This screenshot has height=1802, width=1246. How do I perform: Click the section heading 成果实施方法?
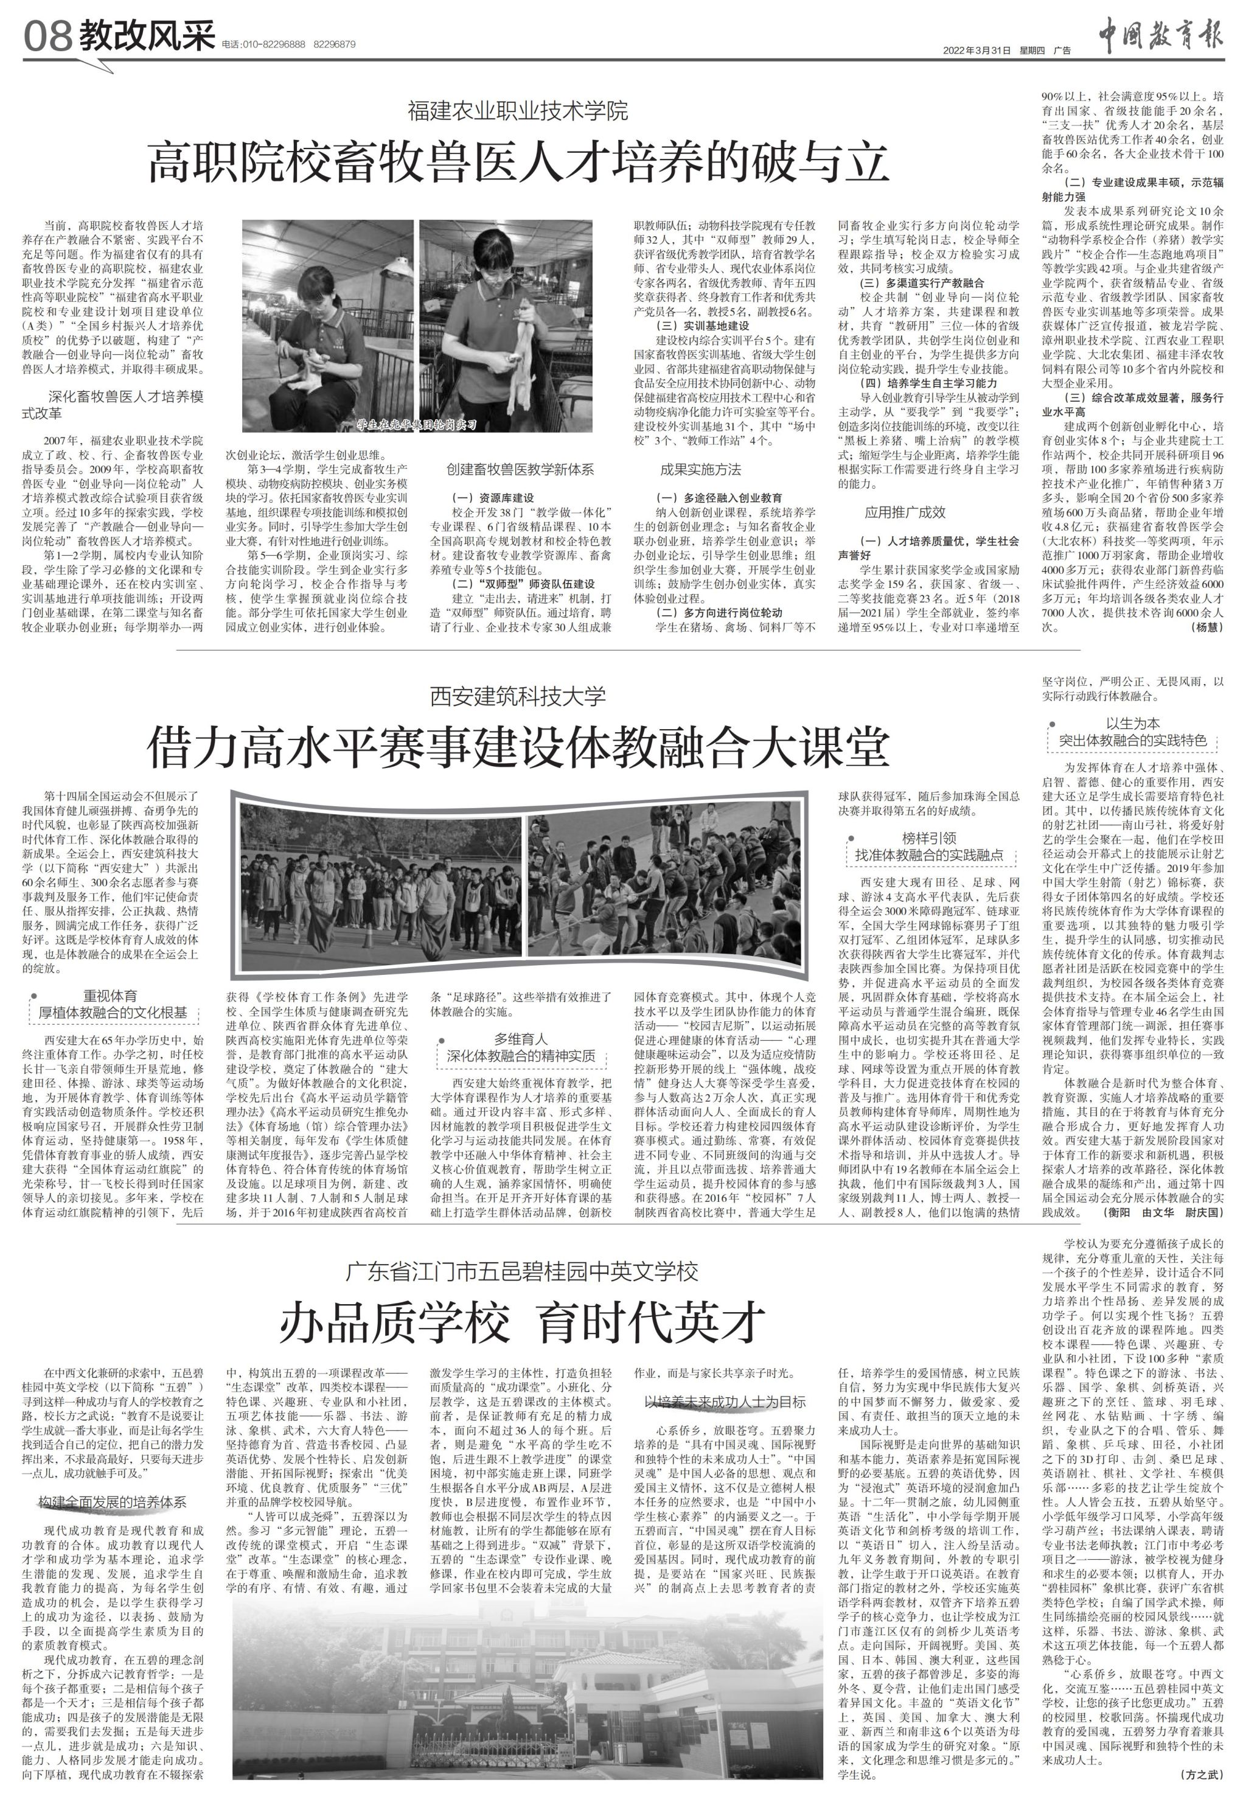(700, 469)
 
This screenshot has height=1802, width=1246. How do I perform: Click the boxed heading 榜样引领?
(929, 838)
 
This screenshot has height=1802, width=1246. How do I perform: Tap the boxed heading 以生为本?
(1133, 723)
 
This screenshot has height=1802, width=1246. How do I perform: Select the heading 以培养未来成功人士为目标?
(725, 1402)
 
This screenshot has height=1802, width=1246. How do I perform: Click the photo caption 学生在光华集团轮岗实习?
(416, 425)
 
